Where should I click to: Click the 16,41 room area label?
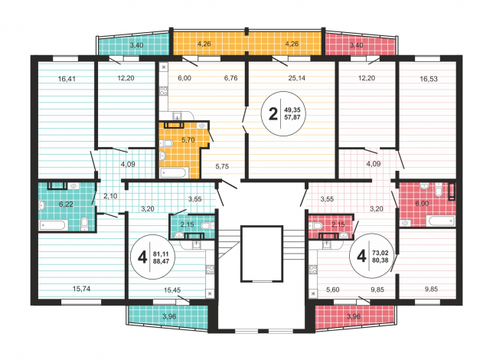click(x=67, y=79)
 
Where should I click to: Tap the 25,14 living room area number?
click(x=297, y=78)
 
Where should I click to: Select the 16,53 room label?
click(x=429, y=79)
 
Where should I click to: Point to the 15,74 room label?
click(x=81, y=289)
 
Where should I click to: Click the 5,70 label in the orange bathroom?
click(x=188, y=139)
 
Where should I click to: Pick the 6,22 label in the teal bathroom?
click(x=66, y=204)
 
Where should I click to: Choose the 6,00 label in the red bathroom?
click(x=422, y=204)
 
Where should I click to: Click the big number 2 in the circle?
click(x=273, y=113)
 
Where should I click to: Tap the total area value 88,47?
click(x=161, y=261)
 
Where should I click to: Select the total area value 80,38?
click(x=380, y=260)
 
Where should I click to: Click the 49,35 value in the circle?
click(x=292, y=110)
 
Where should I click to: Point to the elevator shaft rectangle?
click(x=262, y=254)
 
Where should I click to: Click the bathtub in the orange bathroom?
click(x=173, y=173)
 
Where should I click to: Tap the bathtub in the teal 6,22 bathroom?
click(x=53, y=225)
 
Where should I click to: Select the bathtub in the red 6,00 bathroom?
click(x=440, y=221)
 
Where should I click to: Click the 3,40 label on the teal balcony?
click(x=136, y=45)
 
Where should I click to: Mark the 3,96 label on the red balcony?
click(x=354, y=316)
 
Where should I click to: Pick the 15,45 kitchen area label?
click(x=172, y=290)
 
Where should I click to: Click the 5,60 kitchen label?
click(x=333, y=290)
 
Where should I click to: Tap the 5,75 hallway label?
click(x=222, y=166)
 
